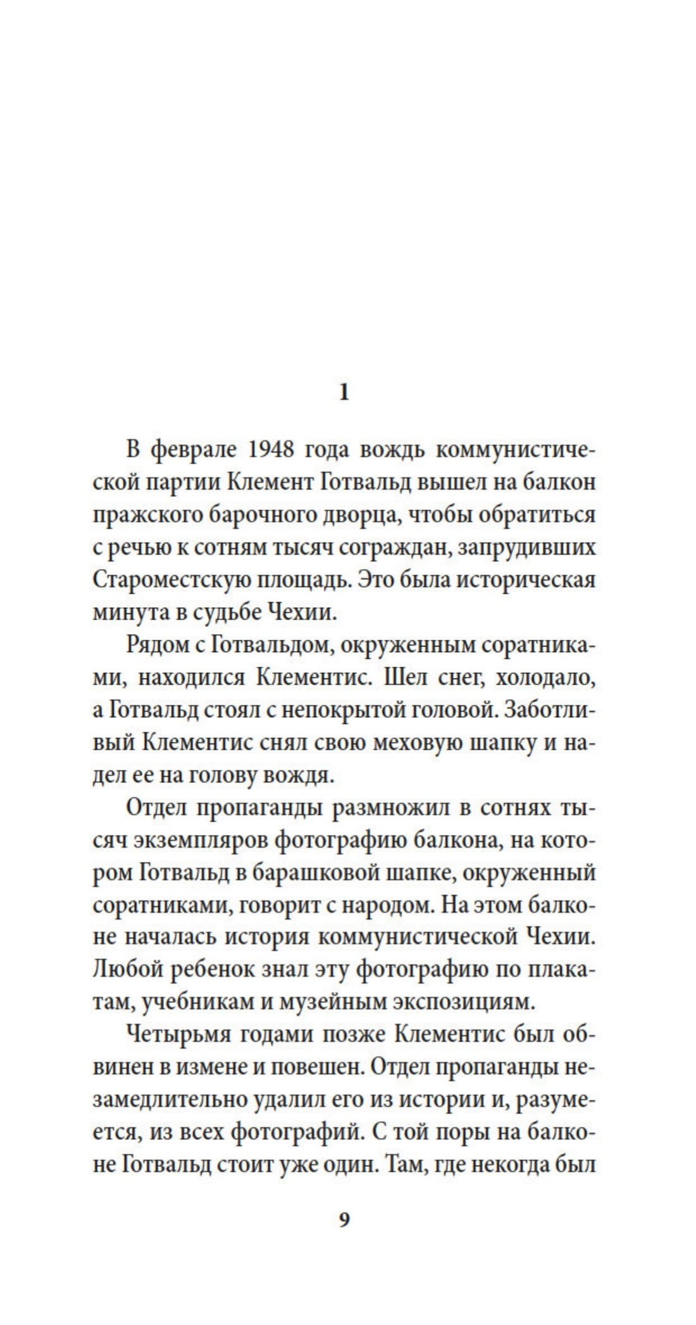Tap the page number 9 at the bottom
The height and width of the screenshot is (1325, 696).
pos(344,1219)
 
